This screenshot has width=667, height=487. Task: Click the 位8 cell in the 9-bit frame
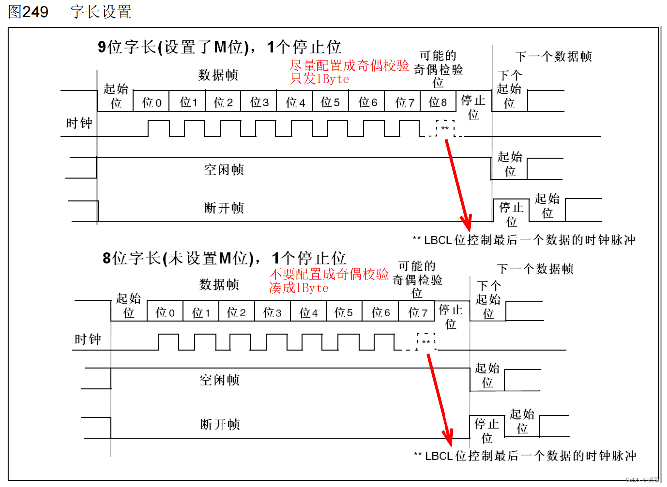(438, 102)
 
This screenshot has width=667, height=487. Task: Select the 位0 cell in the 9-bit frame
(151, 102)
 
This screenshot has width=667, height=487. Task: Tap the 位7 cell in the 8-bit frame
(417, 313)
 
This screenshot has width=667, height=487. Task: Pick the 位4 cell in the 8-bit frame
(308, 313)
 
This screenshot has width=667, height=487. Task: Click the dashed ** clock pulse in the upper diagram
(445, 128)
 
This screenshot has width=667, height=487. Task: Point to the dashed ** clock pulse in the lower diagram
(426, 342)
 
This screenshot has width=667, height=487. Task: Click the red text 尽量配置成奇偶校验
(349, 65)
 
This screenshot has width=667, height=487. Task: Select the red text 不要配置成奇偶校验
(329, 274)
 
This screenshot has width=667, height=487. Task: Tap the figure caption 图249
(28, 12)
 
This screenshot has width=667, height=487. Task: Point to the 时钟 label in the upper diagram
(79, 123)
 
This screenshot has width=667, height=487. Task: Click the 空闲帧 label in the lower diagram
(220, 380)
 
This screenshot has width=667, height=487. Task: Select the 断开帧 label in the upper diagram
(224, 208)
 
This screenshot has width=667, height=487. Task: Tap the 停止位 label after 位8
(473, 107)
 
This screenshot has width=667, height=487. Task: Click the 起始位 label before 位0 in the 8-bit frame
(128, 305)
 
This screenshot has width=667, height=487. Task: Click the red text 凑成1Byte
(299, 288)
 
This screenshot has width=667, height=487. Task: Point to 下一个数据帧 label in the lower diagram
(535, 269)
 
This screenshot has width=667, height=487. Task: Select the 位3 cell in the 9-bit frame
(259, 102)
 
